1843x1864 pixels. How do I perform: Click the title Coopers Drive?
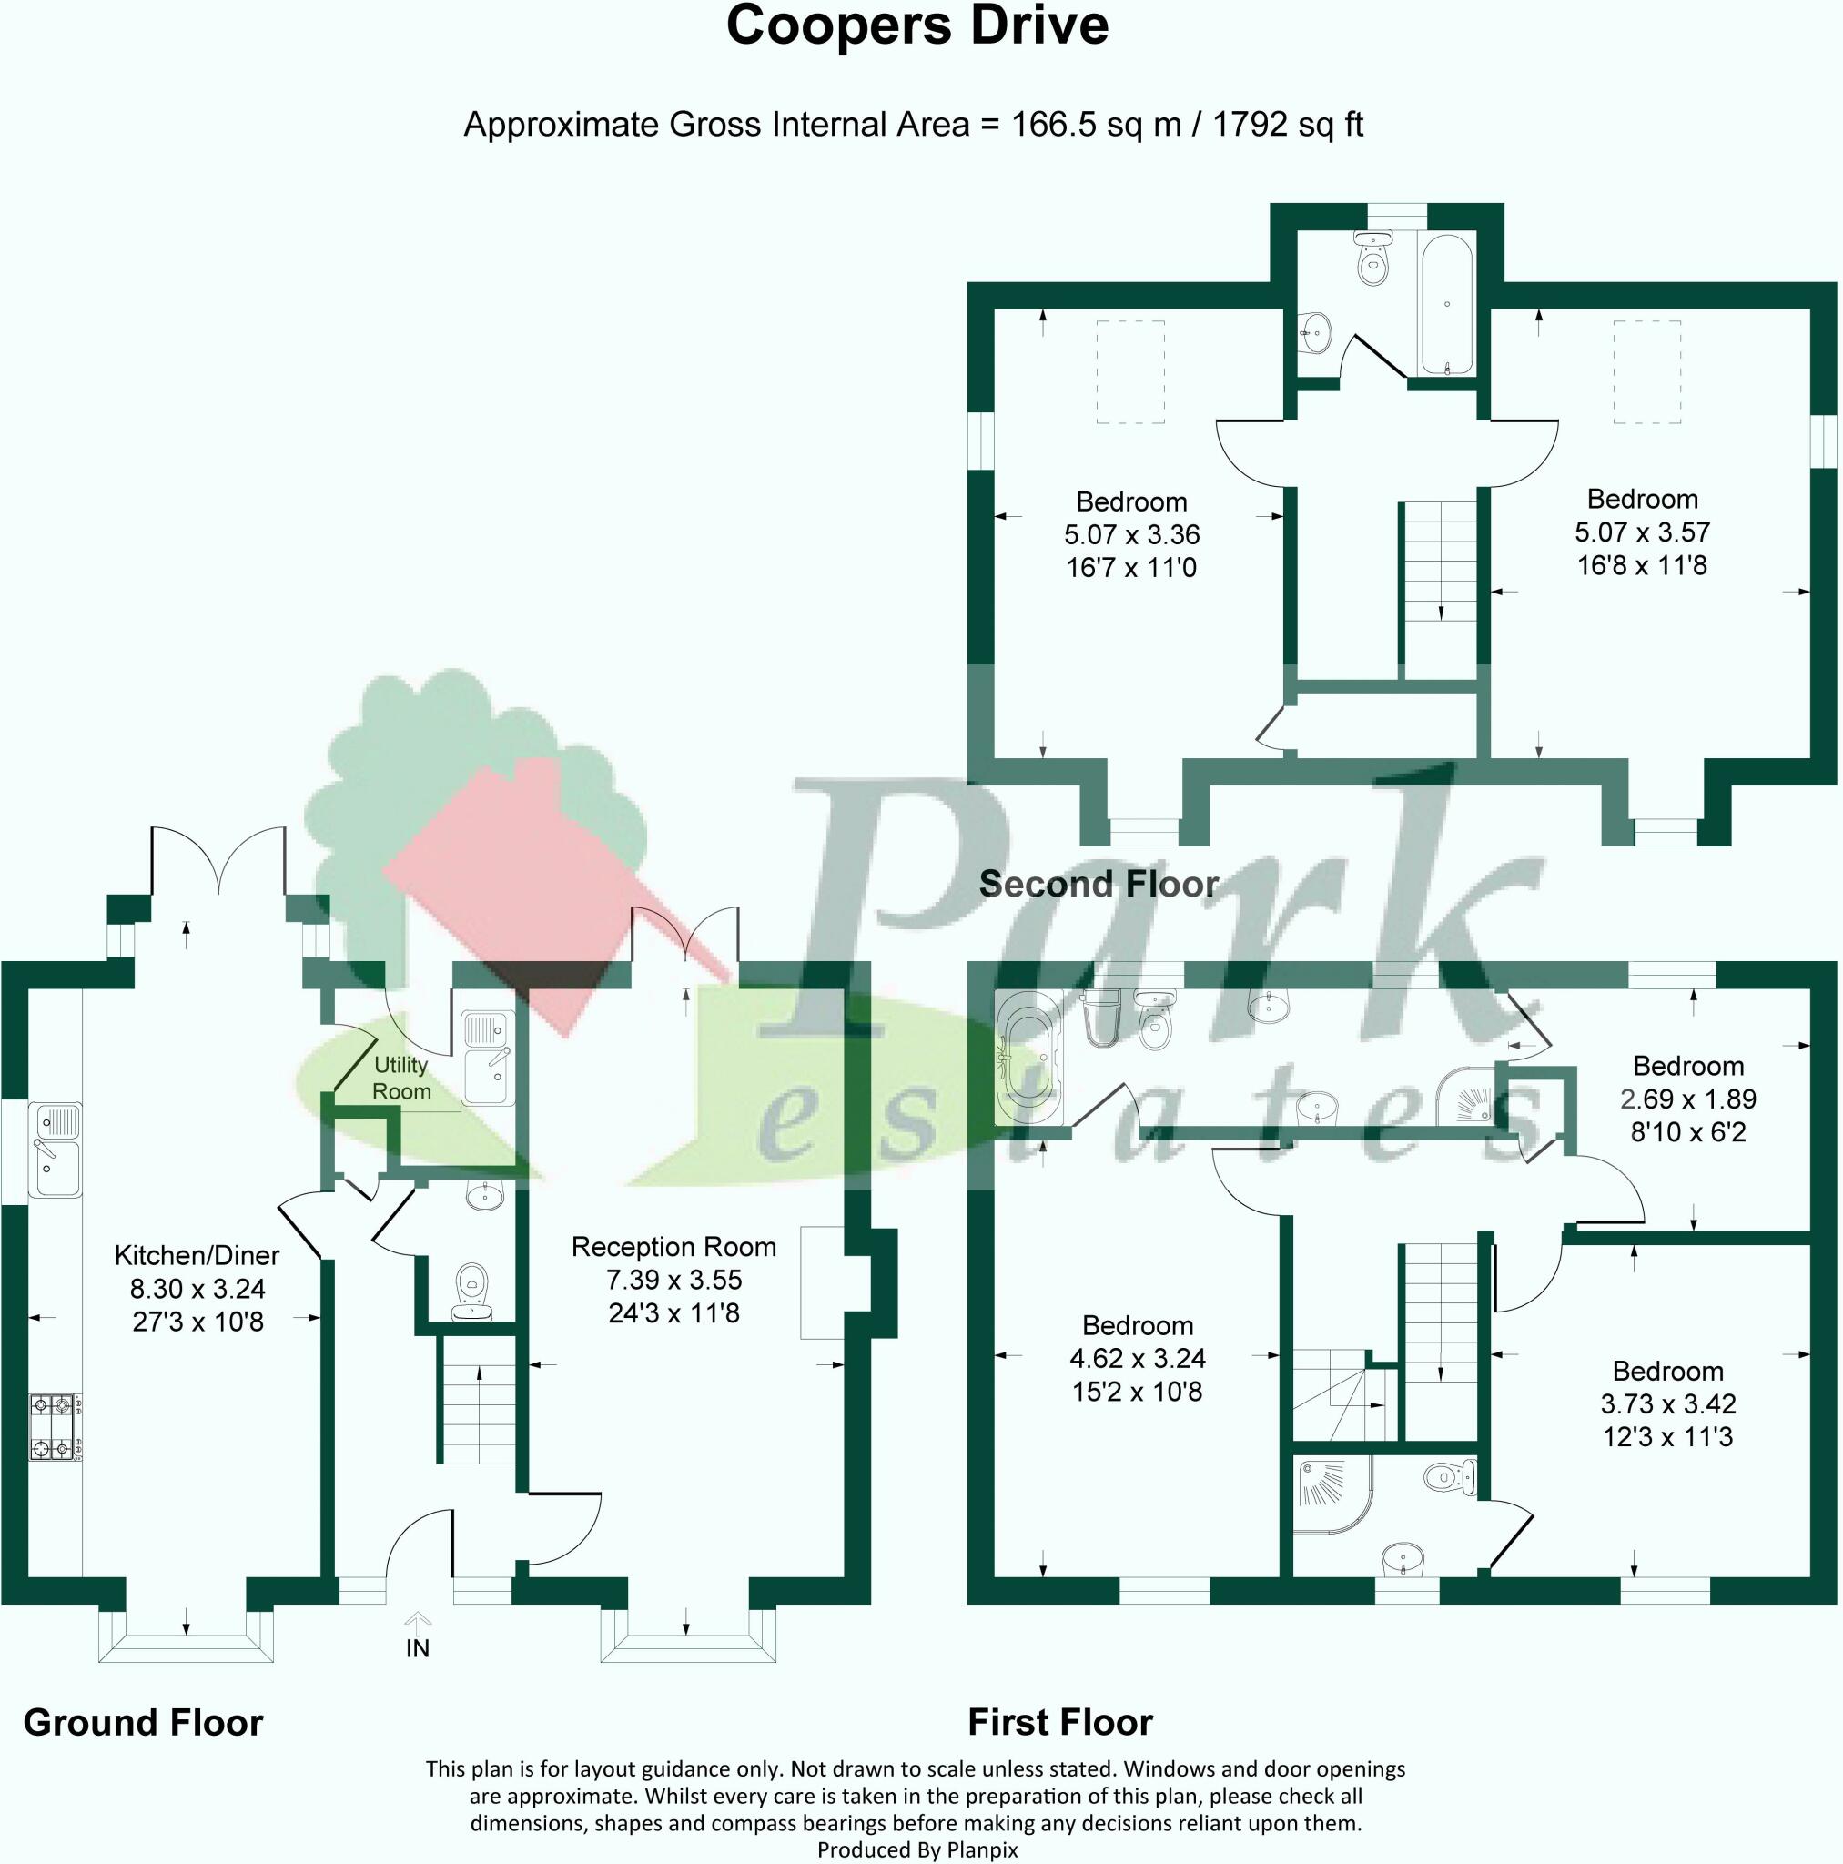pos(916,26)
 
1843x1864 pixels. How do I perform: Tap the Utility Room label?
pos(401,1078)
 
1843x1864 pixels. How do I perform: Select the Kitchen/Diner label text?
pos(197,1255)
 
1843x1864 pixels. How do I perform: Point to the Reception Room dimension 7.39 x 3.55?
pos(674,1280)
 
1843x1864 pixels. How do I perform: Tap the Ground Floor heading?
pos(143,1722)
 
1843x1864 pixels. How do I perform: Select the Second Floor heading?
pos(1099,884)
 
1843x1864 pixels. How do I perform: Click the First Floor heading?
pos(1060,1722)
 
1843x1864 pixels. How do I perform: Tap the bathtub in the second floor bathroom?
pos(1446,304)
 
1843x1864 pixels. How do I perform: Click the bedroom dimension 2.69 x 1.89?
pos(1688,1098)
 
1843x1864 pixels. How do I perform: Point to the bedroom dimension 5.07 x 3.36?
pos(1132,533)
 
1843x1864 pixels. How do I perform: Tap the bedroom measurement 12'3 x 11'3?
pos(1668,1436)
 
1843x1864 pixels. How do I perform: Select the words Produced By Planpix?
pos(916,1849)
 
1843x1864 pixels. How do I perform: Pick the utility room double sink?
pos(487,1058)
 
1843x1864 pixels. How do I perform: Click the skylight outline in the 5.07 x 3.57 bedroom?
pos(1648,372)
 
